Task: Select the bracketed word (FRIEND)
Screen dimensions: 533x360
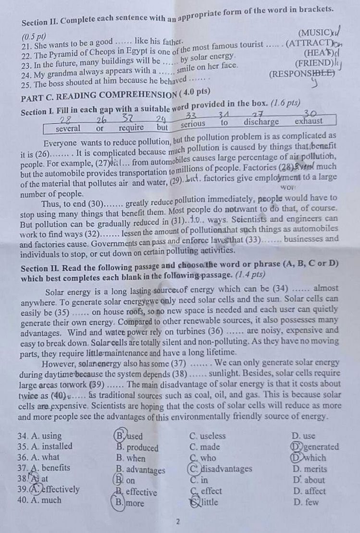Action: coord(313,63)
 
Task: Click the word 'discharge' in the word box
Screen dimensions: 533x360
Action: coord(261,122)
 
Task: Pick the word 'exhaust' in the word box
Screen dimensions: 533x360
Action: coord(309,122)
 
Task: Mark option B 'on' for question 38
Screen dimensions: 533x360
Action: coord(125,480)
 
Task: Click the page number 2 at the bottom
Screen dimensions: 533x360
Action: coord(177,521)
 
